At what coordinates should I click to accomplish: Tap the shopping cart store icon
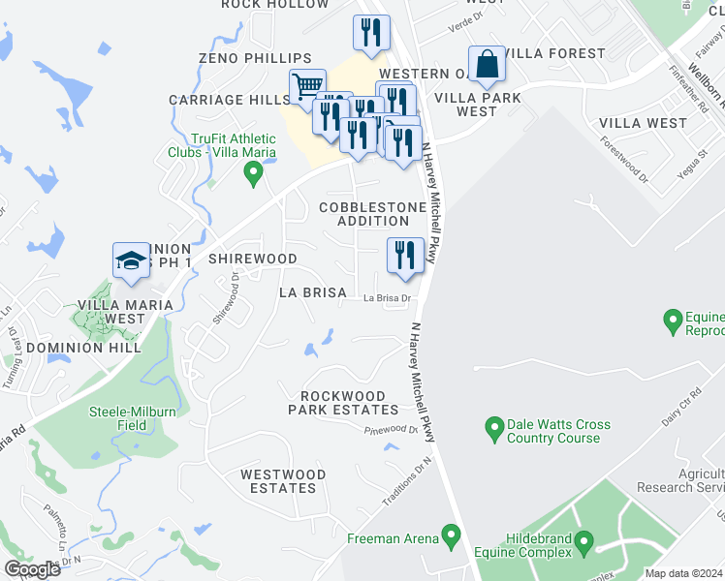(307, 86)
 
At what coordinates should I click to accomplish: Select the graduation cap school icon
(131, 260)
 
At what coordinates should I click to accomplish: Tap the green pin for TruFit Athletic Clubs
(254, 173)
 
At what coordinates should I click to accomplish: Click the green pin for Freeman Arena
(450, 534)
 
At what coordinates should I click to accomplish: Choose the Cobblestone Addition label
(372, 214)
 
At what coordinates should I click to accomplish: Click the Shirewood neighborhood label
(253, 259)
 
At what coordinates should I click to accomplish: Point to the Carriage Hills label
(223, 100)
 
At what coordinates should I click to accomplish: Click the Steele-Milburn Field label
(133, 418)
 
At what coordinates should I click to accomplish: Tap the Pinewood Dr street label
(391, 430)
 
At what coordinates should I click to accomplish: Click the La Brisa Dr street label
(388, 298)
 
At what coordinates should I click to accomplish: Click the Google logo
(32, 569)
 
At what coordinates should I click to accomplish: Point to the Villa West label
(643, 123)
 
